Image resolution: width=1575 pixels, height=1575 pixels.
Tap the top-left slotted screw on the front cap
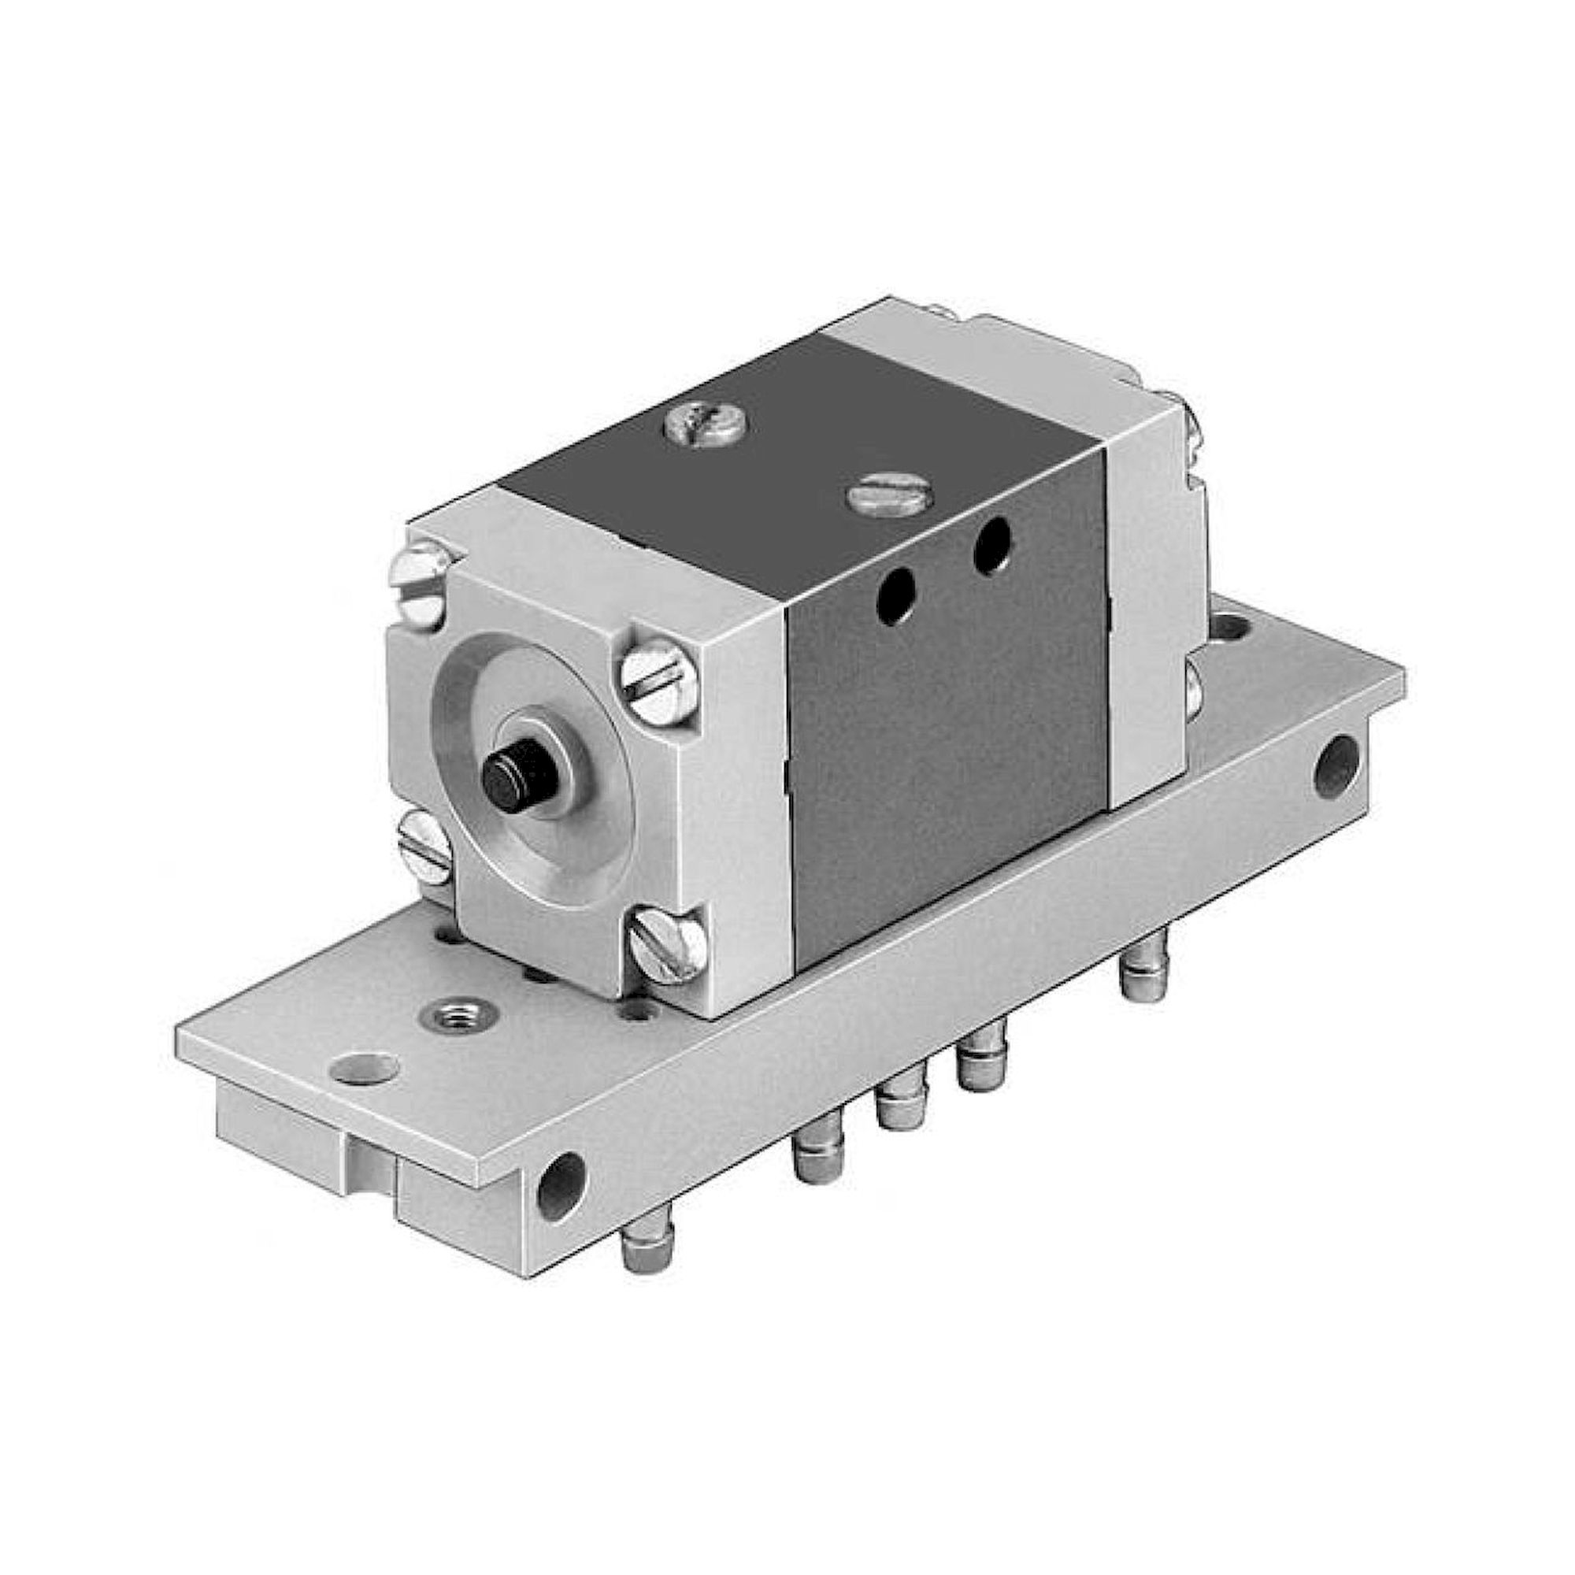tap(424, 580)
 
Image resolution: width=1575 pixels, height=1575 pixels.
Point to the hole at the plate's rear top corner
tap(1230, 628)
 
